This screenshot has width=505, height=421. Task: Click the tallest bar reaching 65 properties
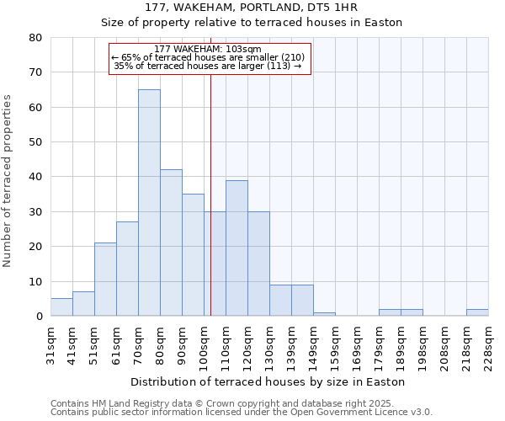(x=149, y=202)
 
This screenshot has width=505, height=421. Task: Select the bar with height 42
(x=171, y=242)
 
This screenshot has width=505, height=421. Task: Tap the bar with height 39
(x=237, y=248)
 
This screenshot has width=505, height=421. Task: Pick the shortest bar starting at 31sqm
(x=61, y=307)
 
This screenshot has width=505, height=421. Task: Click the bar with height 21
(x=105, y=279)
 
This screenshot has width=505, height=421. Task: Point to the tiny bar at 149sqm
(x=324, y=314)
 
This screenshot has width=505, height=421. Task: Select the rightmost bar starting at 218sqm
(x=477, y=312)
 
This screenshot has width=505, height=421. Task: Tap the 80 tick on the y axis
(x=35, y=38)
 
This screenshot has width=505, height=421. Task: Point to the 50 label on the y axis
(x=35, y=142)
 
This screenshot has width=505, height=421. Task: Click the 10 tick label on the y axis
(x=35, y=282)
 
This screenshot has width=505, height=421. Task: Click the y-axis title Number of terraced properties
(x=8, y=181)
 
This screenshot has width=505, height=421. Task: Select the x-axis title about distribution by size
(x=268, y=381)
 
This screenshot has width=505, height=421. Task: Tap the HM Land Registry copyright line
(x=241, y=403)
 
